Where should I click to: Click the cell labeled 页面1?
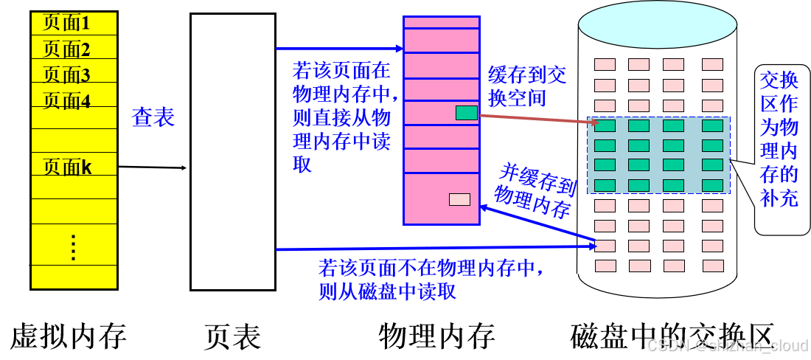pyautogui.click(x=74, y=24)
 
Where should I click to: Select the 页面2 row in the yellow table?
pyautogui.click(x=74, y=49)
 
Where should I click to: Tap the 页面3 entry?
pyautogui.click(x=74, y=75)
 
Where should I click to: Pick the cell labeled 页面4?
pyautogui.click(x=74, y=100)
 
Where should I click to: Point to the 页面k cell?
pyautogui.click(x=74, y=167)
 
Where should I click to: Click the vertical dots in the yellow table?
pyautogui.click(x=73, y=247)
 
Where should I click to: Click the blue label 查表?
pyautogui.click(x=153, y=117)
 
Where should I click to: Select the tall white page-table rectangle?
pyautogui.click(x=232, y=151)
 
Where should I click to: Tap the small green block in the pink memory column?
pyautogui.click(x=466, y=113)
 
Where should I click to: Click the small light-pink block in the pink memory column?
pyautogui.click(x=459, y=199)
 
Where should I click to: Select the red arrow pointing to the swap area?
pyautogui.click(x=538, y=118)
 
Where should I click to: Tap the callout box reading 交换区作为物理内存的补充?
pyautogui.click(x=779, y=150)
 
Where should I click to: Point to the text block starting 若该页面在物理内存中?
pyautogui.click(x=341, y=117)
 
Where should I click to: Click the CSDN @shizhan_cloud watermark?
pyautogui.click(x=726, y=345)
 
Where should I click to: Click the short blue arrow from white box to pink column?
pyautogui.click(x=338, y=49)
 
